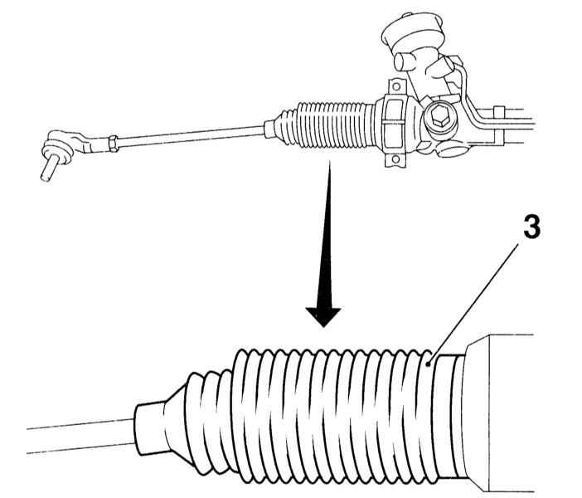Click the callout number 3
532,227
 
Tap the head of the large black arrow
323,317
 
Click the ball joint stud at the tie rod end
50,168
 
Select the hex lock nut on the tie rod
114,143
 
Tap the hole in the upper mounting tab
396,87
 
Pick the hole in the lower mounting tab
395,159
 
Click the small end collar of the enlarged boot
149,429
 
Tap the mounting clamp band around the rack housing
394,123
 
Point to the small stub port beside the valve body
402,61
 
